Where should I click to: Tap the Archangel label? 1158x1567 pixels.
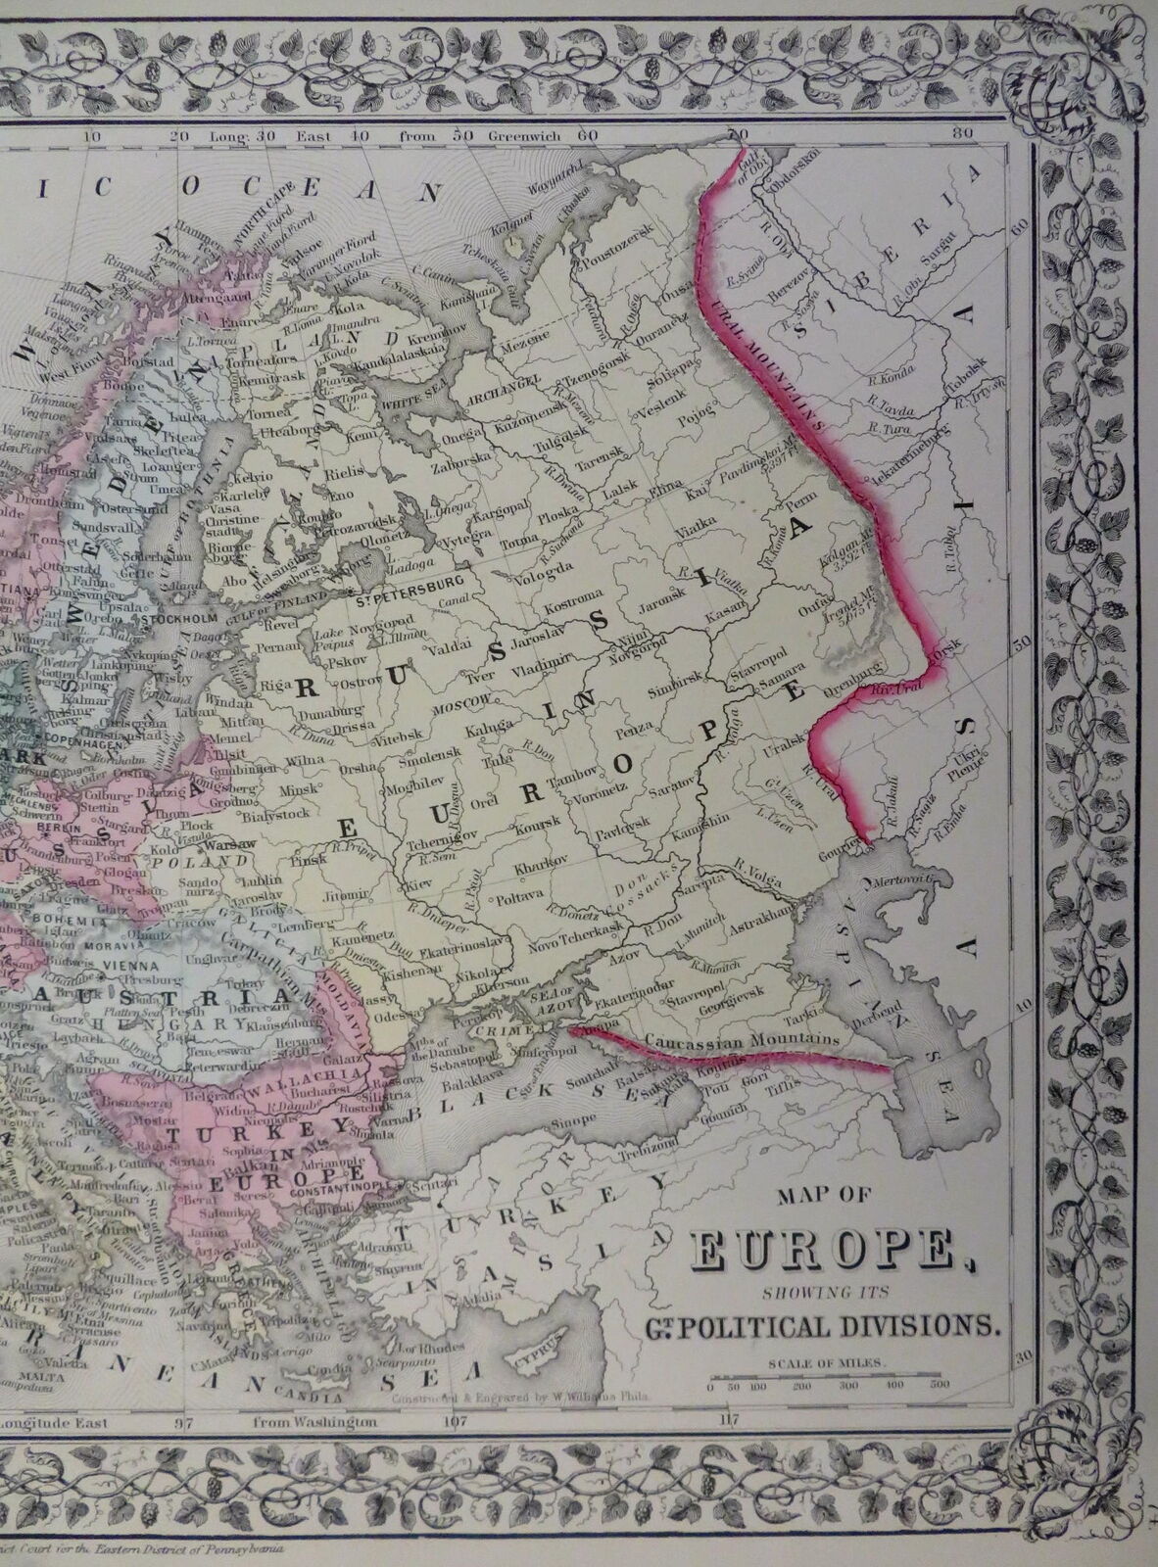click(x=510, y=382)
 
